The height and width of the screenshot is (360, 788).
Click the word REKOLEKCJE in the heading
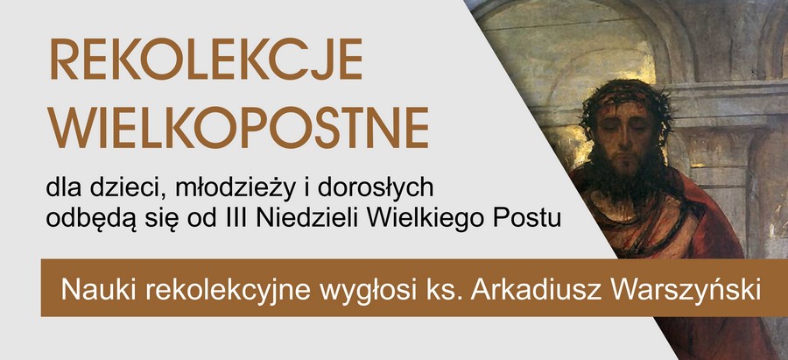(206, 59)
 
